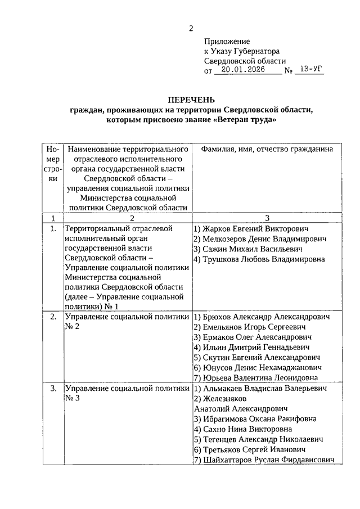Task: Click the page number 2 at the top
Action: [191, 29]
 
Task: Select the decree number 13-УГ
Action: [310, 70]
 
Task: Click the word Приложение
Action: [227, 42]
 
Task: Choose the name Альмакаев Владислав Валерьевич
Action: [263, 389]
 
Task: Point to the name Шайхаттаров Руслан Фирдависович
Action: [268, 460]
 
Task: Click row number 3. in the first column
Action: [53, 389]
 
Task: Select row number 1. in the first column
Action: [53, 229]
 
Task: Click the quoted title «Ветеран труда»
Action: [246, 120]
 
